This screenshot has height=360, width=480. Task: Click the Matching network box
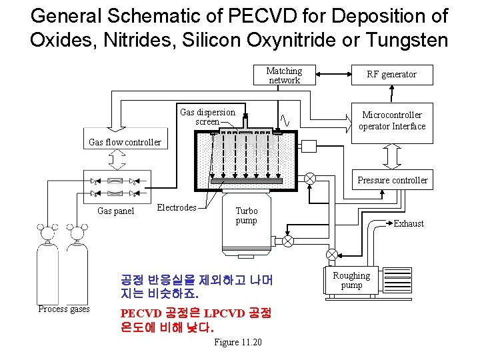[x=284, y=75]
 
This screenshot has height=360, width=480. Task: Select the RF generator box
[x=391, y=75]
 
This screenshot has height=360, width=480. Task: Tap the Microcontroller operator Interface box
[x=391, y=121]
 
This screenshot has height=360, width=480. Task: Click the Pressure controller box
[x=392, y=180]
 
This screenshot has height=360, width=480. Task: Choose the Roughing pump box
[x=351, y=281]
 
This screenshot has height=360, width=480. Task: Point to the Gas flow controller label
[x=125, y=142]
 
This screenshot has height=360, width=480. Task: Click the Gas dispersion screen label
[x=207, y=117]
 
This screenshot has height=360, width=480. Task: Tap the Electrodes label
[x=176, y=208]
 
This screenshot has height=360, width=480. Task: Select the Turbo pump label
[x=246, y=215]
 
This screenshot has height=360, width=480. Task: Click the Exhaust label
[x=408, y=223]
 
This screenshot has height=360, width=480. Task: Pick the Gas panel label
[x=115, y=211]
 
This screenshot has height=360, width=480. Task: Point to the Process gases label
[x=64, y=309]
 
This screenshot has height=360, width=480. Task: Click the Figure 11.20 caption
[x=238, y=342]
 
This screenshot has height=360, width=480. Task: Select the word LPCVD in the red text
[x=224, y=313]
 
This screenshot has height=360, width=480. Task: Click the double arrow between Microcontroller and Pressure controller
[x=392, y=156]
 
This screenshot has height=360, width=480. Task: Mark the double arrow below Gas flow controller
[x=117, y=159]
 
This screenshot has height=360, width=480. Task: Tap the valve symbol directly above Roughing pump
[x=331, y=255]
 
